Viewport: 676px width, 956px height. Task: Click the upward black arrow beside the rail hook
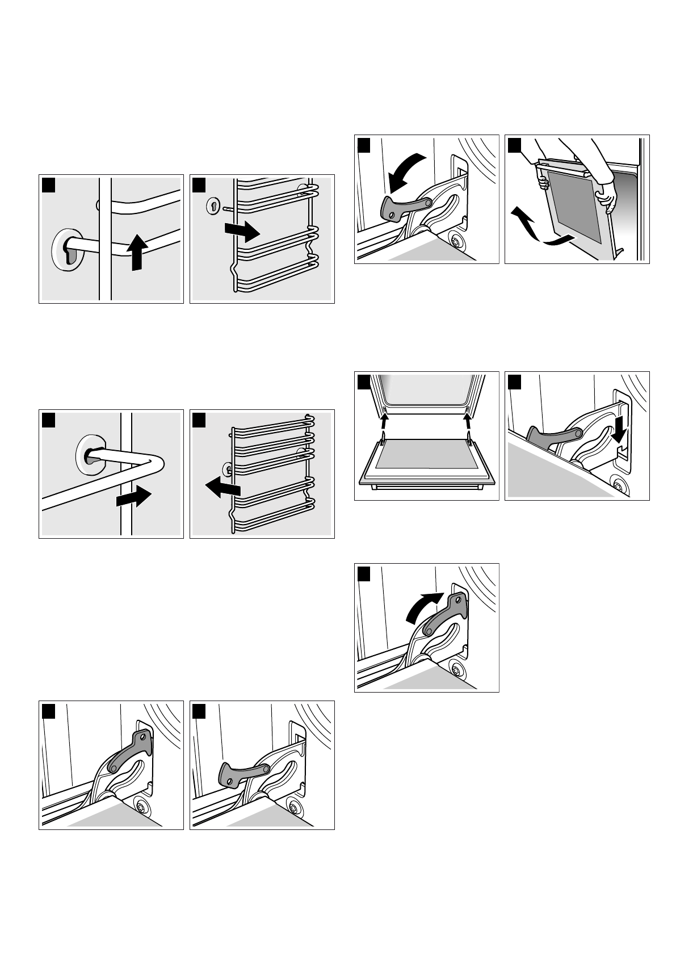click(136, 252)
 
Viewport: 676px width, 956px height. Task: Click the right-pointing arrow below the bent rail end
click(133, 498)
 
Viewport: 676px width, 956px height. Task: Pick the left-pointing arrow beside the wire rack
click(222, 487)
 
